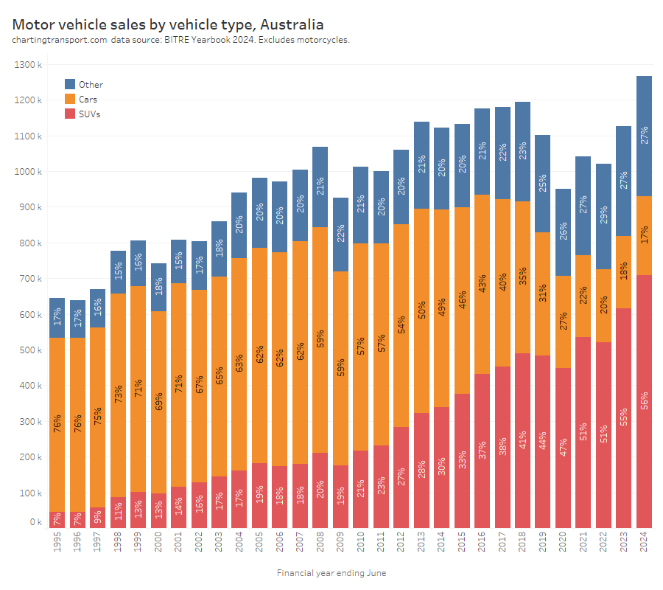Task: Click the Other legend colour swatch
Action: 70,84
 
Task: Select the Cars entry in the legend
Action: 88,99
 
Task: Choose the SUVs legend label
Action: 90,114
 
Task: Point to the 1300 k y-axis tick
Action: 29,65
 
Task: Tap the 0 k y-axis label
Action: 36,522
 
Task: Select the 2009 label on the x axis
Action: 340,544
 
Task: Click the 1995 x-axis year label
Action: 57,544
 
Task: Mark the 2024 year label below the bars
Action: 644,544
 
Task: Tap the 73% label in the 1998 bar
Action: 118,394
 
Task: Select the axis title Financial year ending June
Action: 331,573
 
